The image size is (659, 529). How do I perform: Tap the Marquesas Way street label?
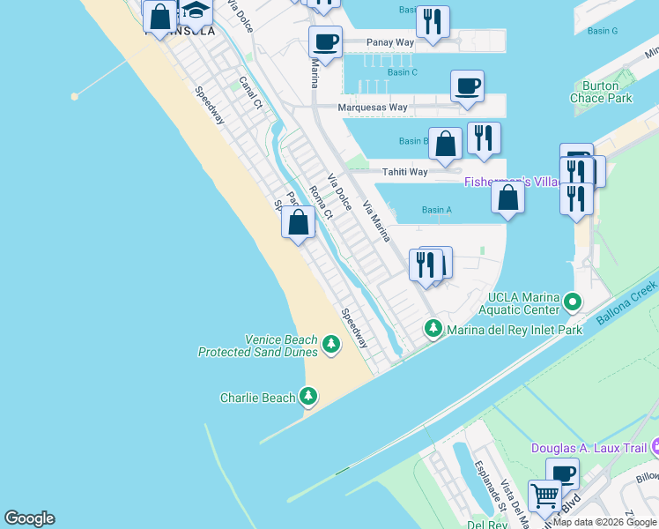tap(374, 108)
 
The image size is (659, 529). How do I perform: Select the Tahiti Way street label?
tap(404, 172)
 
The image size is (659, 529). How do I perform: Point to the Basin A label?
tap(436, 210)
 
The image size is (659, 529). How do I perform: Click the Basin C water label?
tap(402, 72)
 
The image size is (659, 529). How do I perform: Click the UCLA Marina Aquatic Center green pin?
tap(573, 303)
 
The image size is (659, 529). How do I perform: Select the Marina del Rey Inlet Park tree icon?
tap(433, 329)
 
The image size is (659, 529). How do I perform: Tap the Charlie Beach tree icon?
tap(308, 397)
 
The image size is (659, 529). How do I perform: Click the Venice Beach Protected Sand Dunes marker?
tap(331, 344)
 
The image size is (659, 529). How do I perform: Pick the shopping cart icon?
tap(544, 496)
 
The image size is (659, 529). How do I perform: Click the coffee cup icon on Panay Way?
tap(325, 41)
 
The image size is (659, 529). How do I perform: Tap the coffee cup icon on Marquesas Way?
tap(467, 86)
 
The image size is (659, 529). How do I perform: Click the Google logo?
tap(29, 518)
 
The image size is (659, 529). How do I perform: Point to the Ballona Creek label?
tap(627, 302)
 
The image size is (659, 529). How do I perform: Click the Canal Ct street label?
tap(251, 93)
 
